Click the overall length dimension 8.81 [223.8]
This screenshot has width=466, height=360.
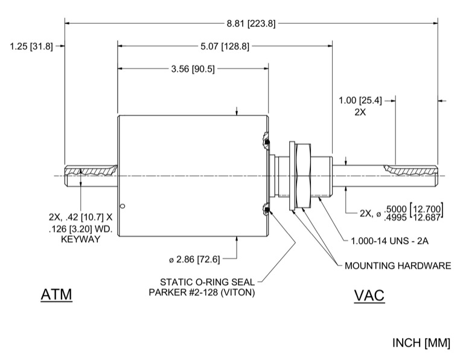pyautogui.click(x=251, y=24)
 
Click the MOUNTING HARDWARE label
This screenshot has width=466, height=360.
pyautogui.click(x=397, y=266)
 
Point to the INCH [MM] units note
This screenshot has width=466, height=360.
pyautogui.click(x=421, y=344)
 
